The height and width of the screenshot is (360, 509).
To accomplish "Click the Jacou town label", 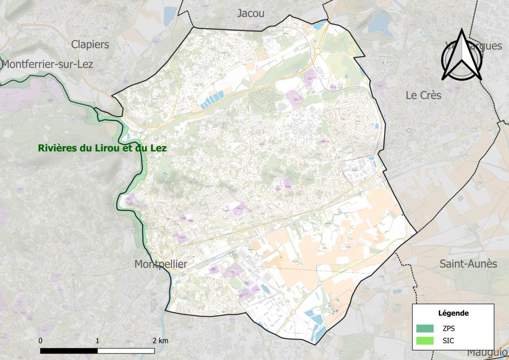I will (x=251, y=13).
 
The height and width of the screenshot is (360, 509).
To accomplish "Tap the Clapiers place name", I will (x=90, y=44).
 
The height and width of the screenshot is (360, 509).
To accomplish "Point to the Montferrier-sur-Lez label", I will (x=48, y=64).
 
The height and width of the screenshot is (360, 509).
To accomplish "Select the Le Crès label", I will (x=423, y=95).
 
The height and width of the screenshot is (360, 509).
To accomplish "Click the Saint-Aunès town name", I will (x=468, y=264).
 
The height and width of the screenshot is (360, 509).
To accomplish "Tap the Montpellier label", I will (x=161, y=264).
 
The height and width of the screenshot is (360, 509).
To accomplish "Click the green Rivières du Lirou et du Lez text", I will (x=102, y=148).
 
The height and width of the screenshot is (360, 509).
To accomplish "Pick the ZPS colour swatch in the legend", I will (x=425, y=328).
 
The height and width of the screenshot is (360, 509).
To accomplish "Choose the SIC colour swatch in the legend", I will (x=425, y=341).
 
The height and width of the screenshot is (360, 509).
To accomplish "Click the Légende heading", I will (x=453, y=313).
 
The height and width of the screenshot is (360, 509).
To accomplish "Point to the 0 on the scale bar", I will (x=40, y=341).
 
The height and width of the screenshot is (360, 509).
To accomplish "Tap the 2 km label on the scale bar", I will (x=160, y=341).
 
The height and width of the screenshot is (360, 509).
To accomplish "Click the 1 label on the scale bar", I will (x=97, y=341).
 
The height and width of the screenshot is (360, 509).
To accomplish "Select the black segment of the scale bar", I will (x=69, y=350).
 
